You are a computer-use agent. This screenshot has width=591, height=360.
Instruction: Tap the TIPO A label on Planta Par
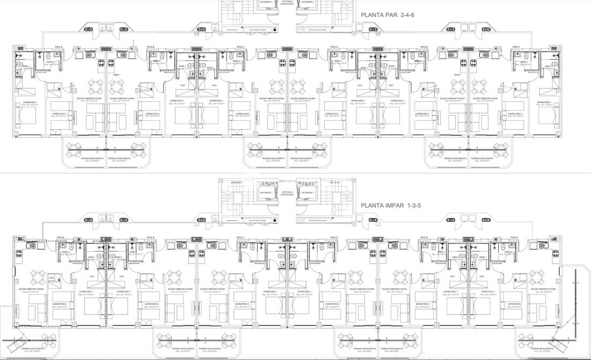tap(59, 47)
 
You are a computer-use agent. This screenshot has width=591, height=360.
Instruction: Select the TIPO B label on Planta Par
tap(150, 47)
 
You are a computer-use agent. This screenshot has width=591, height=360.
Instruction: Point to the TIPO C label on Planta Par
tap(240, 47)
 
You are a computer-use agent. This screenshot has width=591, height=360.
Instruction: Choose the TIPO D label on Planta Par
tap(334, 47)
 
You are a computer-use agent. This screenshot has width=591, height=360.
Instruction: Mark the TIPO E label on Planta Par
tap(424, 47)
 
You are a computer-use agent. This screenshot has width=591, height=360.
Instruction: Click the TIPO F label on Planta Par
tap(516, 47)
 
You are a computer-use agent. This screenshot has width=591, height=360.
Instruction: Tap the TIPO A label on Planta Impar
tap(60, 237)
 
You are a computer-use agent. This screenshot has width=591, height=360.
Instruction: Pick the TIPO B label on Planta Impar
tap(150, 237)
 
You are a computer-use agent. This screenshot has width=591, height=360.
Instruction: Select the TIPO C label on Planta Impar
tap(240, 237)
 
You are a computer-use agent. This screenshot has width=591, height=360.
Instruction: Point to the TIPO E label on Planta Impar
tap(424, 237)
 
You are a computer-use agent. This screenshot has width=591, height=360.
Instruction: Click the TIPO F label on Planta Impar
tap(514, 237)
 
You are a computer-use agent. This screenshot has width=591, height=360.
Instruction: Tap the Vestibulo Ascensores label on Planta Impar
tap(287, 193)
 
